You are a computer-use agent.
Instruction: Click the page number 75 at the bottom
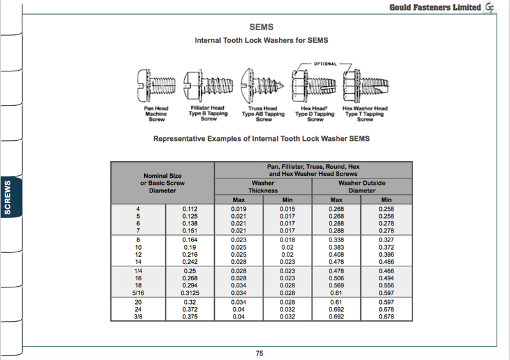[259, 354]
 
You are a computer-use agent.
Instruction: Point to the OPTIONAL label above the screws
[324, 64]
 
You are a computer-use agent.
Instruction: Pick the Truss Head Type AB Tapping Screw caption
[263, 113]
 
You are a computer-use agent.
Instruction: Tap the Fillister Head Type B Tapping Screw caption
[208, 113]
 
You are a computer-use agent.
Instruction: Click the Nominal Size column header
[162, 183]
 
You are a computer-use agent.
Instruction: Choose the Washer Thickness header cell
[263, 187]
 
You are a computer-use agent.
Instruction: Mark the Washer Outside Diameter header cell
[361, 187]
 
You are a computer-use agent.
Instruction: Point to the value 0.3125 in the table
[189, 292]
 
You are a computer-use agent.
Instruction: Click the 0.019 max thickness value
[239, 209]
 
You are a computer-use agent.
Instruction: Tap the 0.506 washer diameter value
[336, 278]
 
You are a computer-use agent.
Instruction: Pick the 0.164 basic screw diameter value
[189, 240]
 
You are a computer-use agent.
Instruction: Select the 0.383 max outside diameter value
[336, 247]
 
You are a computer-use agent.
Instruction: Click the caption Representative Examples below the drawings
[261, 138]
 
